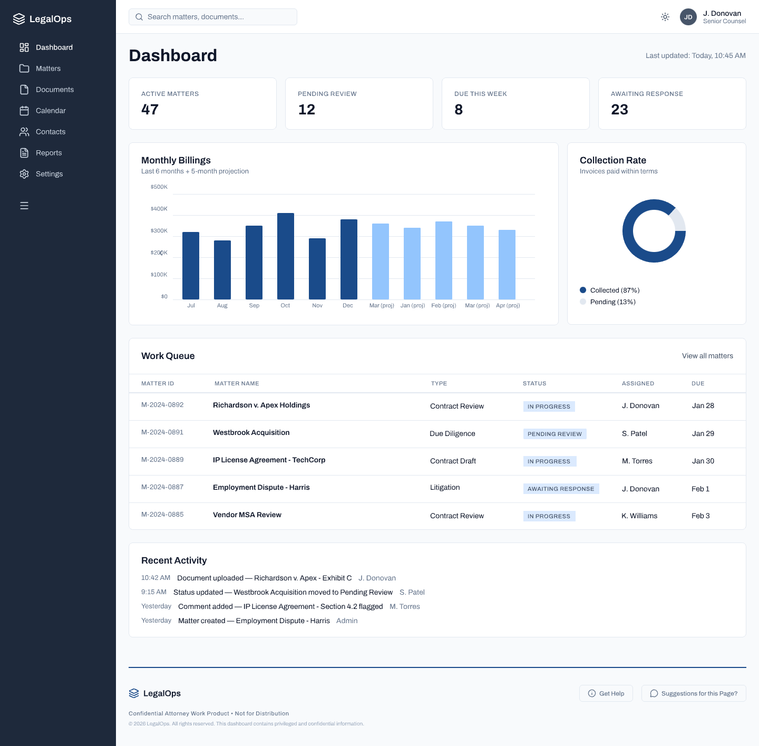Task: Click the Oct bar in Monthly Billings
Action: [286, 256]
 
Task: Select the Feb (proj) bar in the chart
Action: [444, 260]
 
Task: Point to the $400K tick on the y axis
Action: [159, 209]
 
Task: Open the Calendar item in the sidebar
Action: [51, 111]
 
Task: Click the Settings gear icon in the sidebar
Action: [24, 174]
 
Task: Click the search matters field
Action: [213, 17]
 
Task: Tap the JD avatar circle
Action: [688, 17]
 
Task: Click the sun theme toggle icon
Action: [665, 17]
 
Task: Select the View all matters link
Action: [707, 356]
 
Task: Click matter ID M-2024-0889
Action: [162, 460]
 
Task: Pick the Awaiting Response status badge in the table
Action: [561, 489]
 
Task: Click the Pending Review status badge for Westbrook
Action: [554, 434]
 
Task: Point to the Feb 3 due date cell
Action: [700, 516]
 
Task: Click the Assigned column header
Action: [638, 383]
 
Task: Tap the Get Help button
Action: [606, 693]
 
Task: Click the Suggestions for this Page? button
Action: [694, 693]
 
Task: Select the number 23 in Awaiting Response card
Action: [619, 110]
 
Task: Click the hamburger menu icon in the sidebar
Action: [24, 206]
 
